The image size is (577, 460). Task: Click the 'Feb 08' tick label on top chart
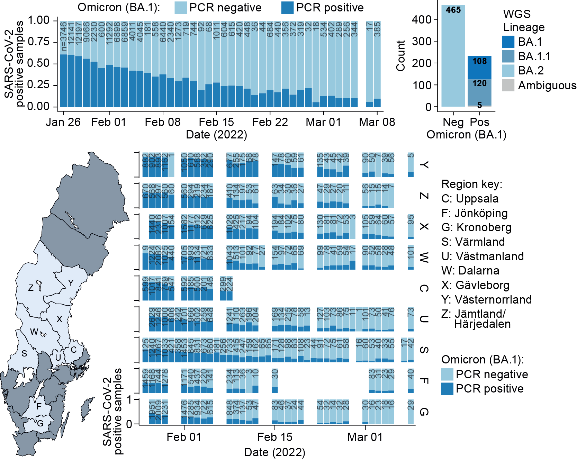[162, 122]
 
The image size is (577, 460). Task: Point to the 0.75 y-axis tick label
[38, 42]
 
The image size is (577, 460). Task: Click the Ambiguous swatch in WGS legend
[508, 85]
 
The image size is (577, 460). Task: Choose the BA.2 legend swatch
[508, 71]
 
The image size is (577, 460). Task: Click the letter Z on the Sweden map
[31, 288]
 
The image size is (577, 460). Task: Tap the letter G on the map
[40, 423]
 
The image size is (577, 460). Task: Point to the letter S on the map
[24, 353]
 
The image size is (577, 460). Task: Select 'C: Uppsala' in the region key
[470, 199]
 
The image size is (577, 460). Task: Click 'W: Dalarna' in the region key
[470, 271]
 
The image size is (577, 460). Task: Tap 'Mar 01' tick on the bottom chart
[365, 437]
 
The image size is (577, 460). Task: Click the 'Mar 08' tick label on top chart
[377, 122]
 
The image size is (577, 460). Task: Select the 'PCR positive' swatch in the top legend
[287, 8]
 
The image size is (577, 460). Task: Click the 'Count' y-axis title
[400, 56]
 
